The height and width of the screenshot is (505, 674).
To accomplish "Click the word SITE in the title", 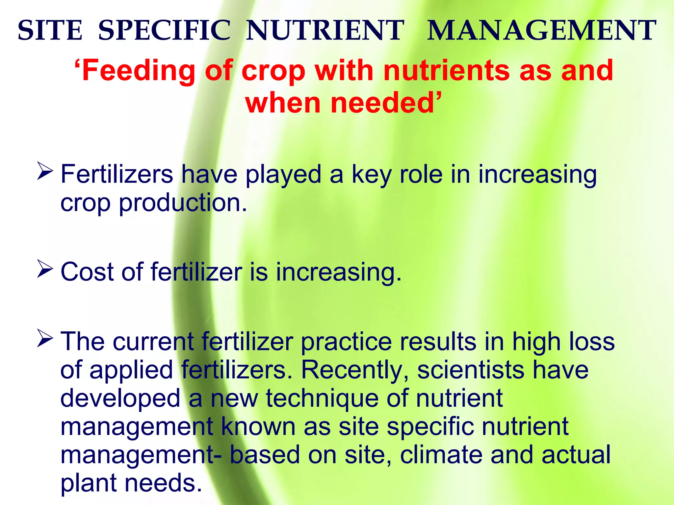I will tap(50, 31).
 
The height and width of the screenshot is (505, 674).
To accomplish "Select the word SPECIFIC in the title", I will tap(165, 31).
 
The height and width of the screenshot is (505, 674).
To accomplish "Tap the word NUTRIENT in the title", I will tap(325, 31).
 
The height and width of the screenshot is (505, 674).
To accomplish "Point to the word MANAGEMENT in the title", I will tap(541, 31).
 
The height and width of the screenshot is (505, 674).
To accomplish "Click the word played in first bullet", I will tap(283, 175).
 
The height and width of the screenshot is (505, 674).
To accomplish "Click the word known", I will tap(258, 426).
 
